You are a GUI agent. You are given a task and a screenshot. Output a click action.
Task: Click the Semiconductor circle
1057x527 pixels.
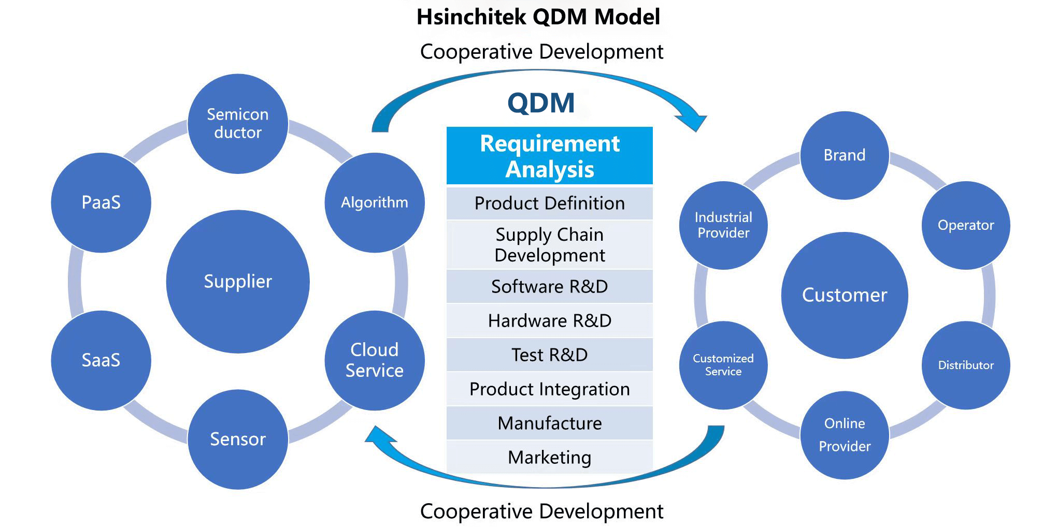[238, 124]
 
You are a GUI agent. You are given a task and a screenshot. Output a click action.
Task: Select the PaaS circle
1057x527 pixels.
[101, 202]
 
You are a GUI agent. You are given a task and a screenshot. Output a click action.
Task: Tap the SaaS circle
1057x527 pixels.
[101, 360]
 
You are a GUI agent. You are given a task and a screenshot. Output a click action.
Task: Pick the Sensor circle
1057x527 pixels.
[238, 439]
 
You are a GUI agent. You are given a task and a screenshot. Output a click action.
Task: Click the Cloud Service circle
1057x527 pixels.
[375, 360]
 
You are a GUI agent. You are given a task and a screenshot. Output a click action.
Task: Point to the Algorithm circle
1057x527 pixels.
[375, 202]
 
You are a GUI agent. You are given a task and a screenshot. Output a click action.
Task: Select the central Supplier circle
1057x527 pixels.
[238, 282]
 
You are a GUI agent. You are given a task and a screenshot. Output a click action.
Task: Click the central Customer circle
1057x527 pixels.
[845, 295]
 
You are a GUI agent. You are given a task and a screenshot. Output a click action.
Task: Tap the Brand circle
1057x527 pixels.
[845, 155]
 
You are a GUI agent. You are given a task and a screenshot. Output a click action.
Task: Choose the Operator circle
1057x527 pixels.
[966, 225]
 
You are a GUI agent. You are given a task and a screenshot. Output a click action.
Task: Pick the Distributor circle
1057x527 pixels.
[966, 365]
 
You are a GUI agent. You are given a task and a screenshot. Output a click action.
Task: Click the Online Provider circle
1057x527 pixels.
[845, 435]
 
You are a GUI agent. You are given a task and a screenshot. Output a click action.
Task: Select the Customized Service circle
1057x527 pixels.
[723, 365]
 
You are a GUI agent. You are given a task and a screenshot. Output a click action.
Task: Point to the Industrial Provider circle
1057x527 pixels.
[723, 225]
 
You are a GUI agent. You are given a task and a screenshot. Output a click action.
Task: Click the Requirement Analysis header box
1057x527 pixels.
[550, 156]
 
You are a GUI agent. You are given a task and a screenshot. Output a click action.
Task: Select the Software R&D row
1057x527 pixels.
[550, 286]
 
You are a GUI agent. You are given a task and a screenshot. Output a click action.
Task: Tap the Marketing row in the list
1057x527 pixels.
[550, 457]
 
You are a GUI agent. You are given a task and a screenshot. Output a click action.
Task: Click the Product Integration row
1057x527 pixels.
[550, 389]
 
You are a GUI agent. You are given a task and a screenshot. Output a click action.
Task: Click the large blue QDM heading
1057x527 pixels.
[541, 103]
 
